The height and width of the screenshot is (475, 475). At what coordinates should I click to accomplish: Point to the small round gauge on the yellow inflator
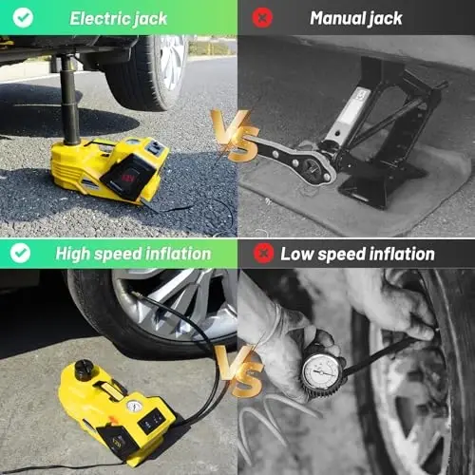tap(135, 407)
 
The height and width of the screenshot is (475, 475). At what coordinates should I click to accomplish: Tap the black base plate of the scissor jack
tap(380, 190)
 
